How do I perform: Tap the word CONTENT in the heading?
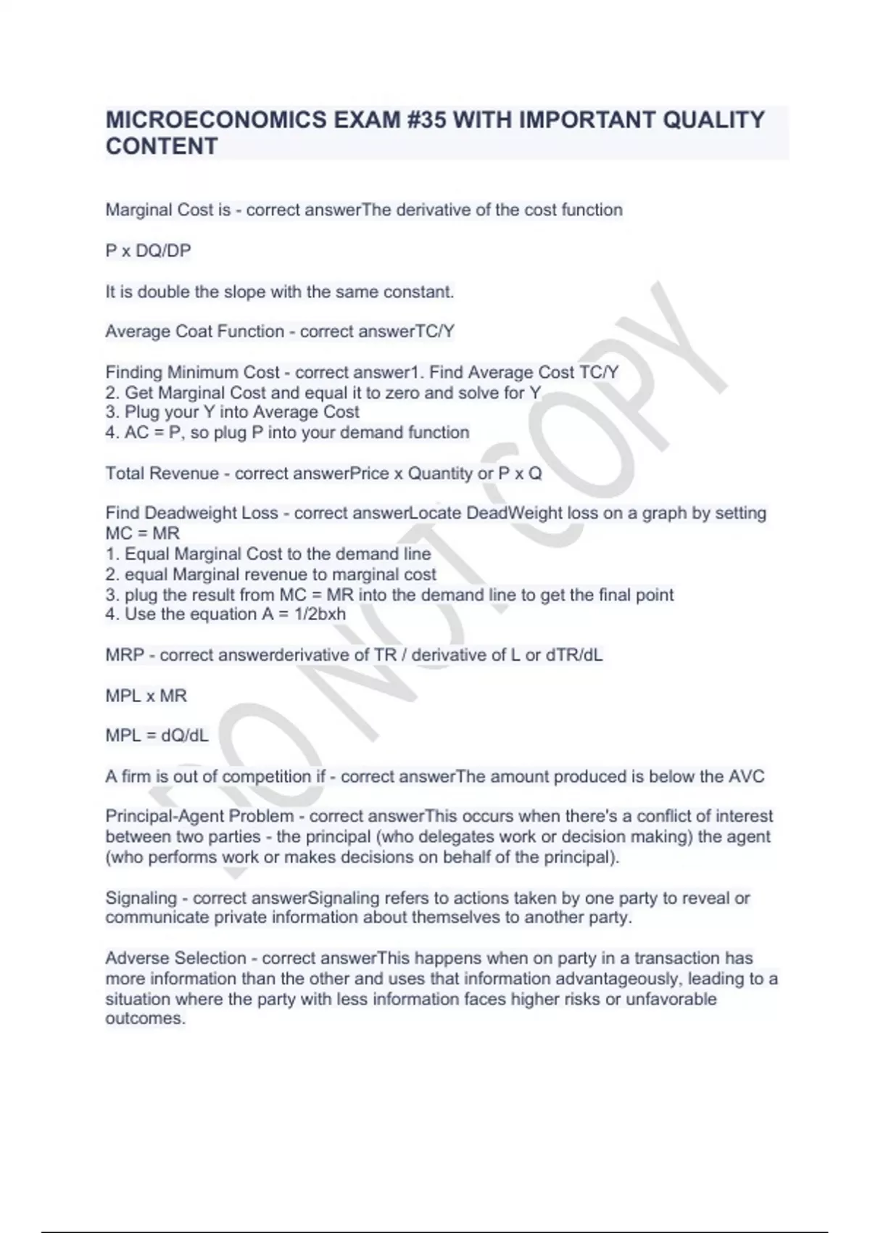[x=162, y=147]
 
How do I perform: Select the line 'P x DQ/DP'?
[x=148, y=251]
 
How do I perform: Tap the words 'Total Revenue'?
[x=162, y=474]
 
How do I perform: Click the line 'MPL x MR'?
[x=146, y=696]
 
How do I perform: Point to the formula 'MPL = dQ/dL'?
[x=157, y=735]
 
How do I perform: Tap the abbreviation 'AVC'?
[x=746, y=776]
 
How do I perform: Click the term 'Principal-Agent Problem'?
[x=199, y=816]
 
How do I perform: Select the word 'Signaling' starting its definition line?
[x=141, y=898]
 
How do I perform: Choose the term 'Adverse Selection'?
[x=176, y=958]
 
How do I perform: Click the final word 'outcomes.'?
[x=145, y=1018]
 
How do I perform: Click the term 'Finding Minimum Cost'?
[x=192, y=373]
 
